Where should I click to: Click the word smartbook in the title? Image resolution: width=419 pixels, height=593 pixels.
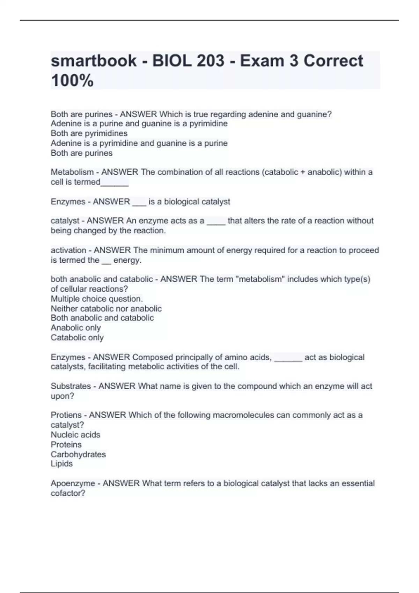(x=94, y=61)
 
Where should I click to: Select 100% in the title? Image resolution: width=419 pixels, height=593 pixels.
(x=72, y=81)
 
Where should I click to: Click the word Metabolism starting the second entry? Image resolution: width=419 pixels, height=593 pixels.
(x=72, y=172)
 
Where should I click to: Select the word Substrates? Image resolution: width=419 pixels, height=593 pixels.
(x=71, y=386)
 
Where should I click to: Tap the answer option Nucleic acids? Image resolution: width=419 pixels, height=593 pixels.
(x=75, y=435)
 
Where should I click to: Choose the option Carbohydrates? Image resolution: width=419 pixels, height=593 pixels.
(x=78, y=454)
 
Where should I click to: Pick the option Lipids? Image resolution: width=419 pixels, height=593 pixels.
(x=62, y=464)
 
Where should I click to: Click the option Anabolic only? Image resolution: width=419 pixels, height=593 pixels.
(x=76, y=328)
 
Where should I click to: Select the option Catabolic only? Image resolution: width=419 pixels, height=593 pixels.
(x=77, y=337)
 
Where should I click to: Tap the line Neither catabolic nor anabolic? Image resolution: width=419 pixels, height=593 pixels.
(x=106, y=309)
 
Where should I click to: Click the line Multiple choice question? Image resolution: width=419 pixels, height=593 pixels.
(x=97, y=299)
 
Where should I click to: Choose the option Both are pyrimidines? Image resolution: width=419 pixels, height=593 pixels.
(x=89, y=133)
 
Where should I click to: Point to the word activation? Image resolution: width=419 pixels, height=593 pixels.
(x=68, y=250)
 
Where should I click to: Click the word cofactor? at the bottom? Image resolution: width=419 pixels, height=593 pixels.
(x=68, y=493)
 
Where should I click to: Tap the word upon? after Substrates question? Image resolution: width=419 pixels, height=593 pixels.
(x=63, y=396)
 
